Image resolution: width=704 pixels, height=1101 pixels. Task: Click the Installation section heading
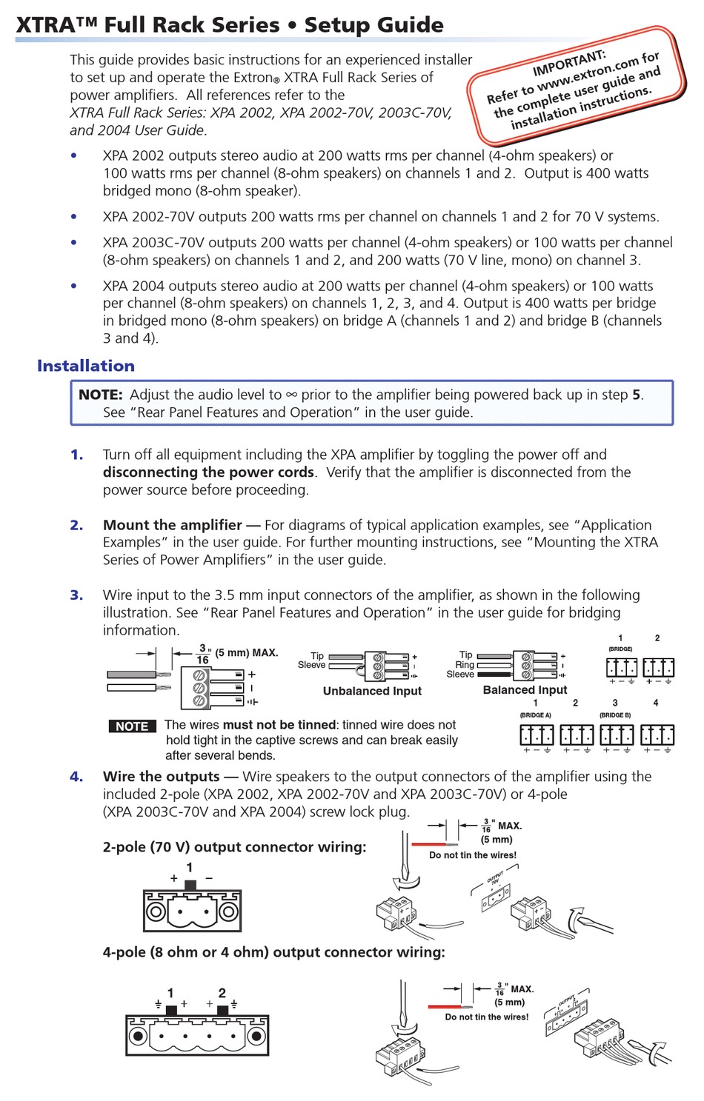pyautogui.click(x=86, y=366)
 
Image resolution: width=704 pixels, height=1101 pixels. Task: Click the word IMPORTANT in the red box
pyautogui.click(x=568, y=63)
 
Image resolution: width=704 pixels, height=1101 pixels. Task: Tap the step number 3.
pyautogui.click(x=76, y=595)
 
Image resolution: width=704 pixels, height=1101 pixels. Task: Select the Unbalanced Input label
pyautogui.click(x=372, y=691)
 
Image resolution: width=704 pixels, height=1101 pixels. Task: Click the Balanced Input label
pyautogui.click(x=525, y=690)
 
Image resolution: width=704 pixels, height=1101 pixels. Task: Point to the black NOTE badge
pyautogui.click(x=132, y=726)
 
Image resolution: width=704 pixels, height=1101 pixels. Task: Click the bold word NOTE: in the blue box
pyautogui.click(x=101, y=395)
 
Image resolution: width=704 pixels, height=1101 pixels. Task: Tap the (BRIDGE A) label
pyautogui.click(x=535, y=715)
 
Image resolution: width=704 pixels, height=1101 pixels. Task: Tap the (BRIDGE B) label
pyautogui.click(x=615, y=715)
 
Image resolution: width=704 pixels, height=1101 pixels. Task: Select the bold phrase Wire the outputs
pyautogui.click(x=162, y=777)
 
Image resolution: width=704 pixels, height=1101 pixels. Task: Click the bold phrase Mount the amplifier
pyautogui.click(x=172, y=525)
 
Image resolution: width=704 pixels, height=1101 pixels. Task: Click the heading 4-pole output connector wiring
pyautogui.click(x=273, y=952)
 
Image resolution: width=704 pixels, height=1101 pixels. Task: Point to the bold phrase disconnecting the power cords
pyautogui.click(x=208, y=472)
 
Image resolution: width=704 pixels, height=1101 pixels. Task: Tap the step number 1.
pyautogui.click(x=76, y=455)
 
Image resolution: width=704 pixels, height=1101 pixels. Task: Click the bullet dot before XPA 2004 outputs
pyautogui.click(x=73, y=286)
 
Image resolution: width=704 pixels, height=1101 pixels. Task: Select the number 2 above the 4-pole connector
pyautogui.click(x=222, y=993)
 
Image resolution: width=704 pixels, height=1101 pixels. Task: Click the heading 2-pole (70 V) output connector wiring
pyautogui.click(x=234, y=847)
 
